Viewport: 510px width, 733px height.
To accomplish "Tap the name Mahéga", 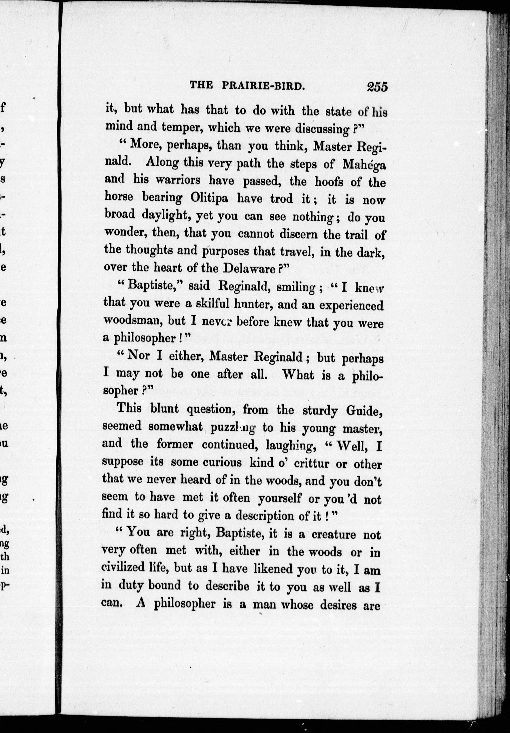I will [x=364, y=164].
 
